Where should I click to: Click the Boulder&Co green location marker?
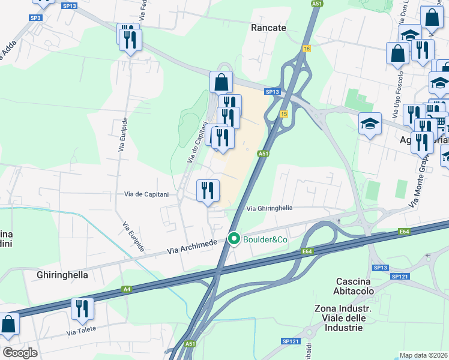pos(234,239)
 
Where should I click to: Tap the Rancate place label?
pos(268,28)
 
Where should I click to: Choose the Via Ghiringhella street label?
pos(270,208)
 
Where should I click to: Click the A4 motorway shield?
pos(126,289)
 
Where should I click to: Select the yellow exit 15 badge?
pos(283,114)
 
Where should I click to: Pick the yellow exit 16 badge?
pos(306,49)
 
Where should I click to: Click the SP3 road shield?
pos(35,19)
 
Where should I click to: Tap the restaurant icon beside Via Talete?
pos(82,308)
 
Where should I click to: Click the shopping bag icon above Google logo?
pos(8,325)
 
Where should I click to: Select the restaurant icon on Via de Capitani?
pos(208,191)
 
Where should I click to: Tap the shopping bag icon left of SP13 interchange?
pos(221,82)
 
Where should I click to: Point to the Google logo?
pos(20,352)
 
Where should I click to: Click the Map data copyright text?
pos(424,355)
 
